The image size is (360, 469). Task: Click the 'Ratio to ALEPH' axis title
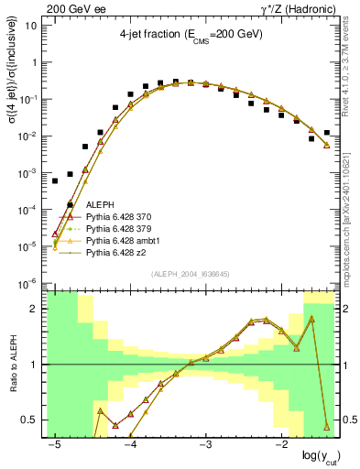[x=14, y=364]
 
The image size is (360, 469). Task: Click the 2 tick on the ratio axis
[x=39, y=309]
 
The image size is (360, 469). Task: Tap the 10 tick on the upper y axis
[x=34, y=25]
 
